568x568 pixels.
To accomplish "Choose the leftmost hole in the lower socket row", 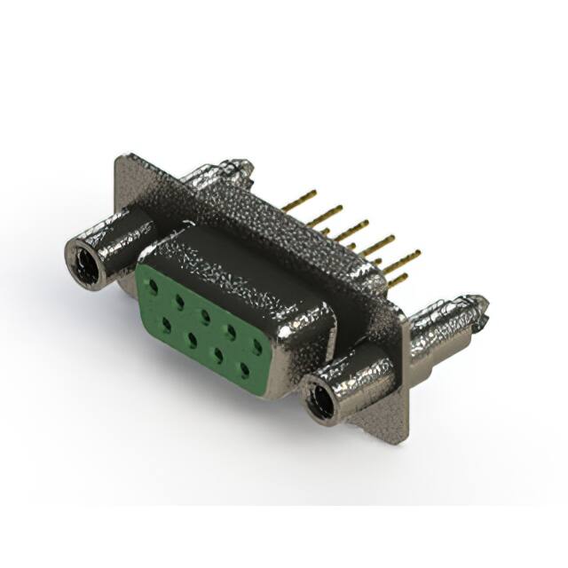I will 165,324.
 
